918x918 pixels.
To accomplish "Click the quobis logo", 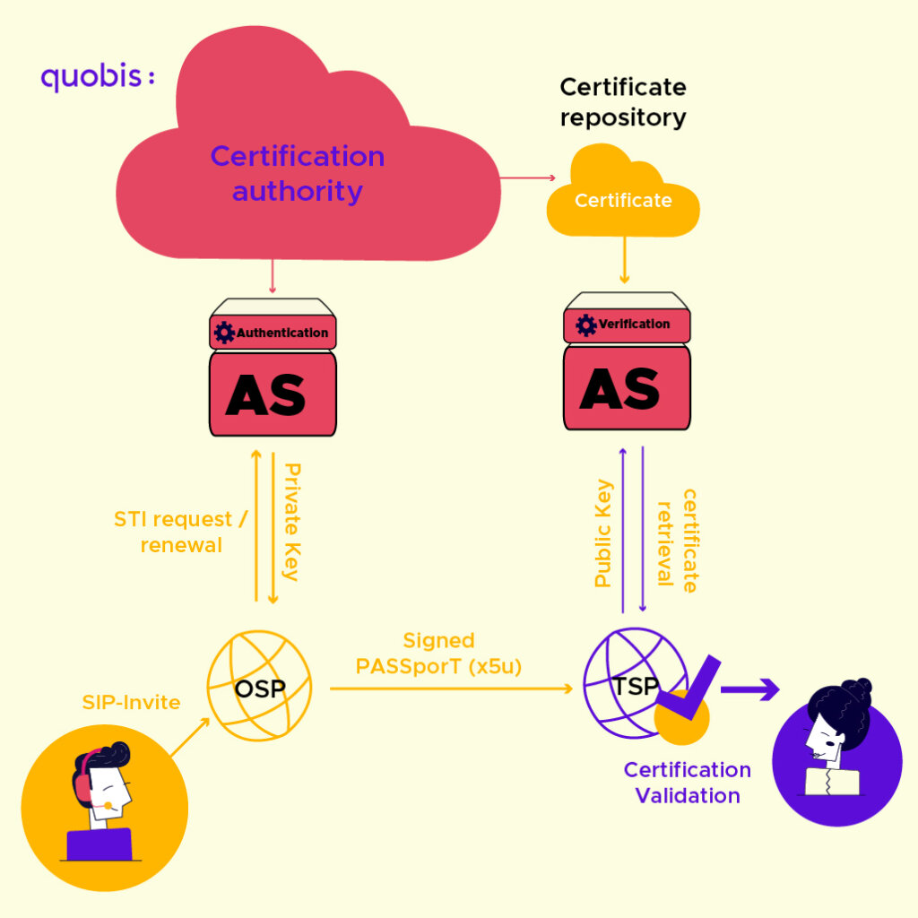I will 97,77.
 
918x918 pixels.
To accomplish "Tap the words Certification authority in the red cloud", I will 298,173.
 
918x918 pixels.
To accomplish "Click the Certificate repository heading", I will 623,101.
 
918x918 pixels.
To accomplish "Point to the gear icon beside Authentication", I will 224,333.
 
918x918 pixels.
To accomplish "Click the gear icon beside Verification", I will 586,325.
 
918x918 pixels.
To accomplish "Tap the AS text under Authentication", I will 266,394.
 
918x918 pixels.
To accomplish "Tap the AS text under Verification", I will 620,387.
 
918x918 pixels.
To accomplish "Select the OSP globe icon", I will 259,689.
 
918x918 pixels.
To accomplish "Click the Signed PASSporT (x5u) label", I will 438,654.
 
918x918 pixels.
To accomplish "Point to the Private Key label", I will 292,522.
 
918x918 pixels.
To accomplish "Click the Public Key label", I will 603,533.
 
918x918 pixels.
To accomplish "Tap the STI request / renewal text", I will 180,532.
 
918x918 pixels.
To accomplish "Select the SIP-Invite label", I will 131,702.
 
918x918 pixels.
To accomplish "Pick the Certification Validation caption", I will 688,783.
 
